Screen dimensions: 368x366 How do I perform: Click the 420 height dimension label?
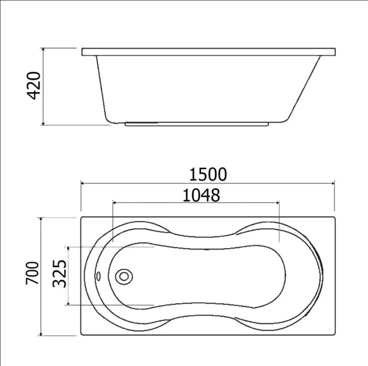33,86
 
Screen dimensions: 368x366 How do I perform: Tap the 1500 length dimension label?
208,174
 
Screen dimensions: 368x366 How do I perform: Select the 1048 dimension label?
201,195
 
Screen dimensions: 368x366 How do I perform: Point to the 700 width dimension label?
32,273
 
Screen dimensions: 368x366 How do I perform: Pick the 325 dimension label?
59,273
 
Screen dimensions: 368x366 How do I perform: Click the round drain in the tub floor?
124,276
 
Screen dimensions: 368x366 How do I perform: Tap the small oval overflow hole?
98,276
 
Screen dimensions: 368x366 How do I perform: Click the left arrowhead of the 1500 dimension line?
83,183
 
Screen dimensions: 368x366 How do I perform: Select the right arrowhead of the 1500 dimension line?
333,183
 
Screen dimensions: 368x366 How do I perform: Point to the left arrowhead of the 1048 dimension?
114,203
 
